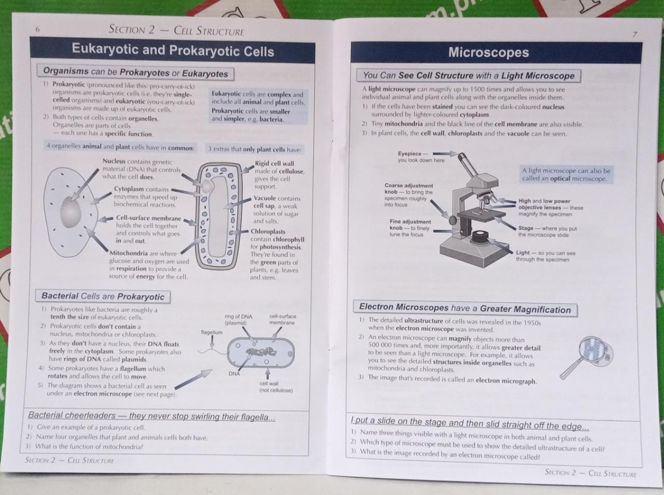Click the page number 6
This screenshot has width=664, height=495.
tap(37, 30)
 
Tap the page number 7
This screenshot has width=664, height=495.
tap(634, 34)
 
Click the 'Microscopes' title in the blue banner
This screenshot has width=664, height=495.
tap(489, 52)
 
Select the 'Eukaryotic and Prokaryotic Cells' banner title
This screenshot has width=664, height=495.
tap(173, 50)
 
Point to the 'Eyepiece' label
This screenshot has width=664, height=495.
tap(421, 157)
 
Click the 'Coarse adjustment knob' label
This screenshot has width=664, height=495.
tap(408, 195)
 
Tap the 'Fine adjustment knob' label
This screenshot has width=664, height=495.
tap(410, 228)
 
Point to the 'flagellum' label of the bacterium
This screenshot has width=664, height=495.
tap(212, 332)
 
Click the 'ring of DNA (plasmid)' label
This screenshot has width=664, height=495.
tap(238, 320)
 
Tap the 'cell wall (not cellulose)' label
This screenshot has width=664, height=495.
tap(276, 387)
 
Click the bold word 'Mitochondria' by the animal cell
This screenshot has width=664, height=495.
tap(129, 253)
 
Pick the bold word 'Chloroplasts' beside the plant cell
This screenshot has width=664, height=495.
tap(268, 231)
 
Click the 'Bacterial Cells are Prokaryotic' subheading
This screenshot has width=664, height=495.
tap(103, 296)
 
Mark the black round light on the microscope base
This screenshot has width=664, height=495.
tap(479, 237)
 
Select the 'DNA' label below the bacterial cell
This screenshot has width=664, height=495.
tap(234, 374)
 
